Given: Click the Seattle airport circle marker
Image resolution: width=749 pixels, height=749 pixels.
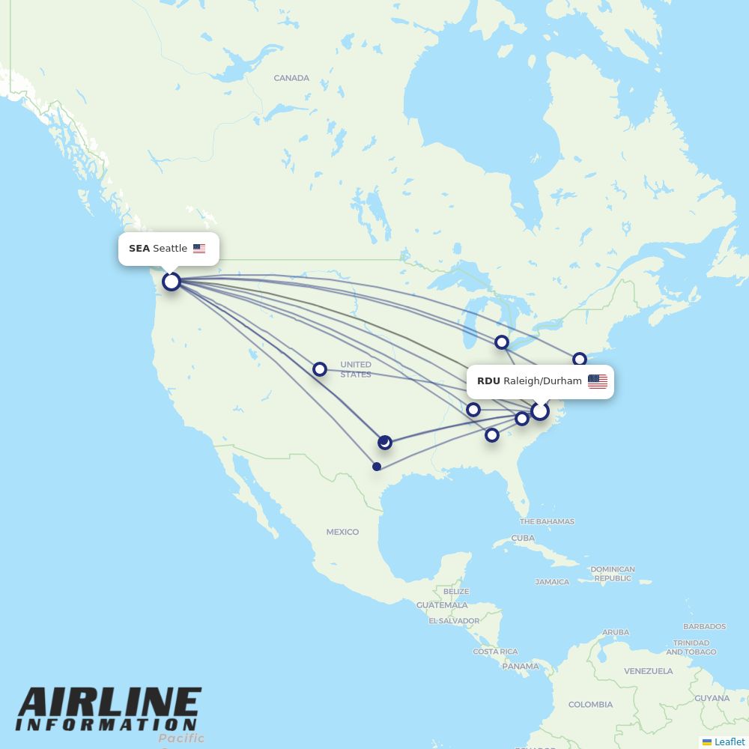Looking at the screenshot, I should point(172,282).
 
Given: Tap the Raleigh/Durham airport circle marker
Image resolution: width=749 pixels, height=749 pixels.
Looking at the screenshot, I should point(540,411).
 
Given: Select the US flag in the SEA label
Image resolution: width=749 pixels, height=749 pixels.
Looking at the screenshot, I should point(198,249).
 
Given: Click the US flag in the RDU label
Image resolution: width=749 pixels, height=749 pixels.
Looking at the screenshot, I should point(597,381).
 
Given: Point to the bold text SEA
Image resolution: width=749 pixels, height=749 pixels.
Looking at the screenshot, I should point(139,249).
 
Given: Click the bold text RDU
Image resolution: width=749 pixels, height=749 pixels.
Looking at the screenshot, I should point(488,381).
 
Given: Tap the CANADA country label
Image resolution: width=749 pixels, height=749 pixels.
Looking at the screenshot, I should point(291,78).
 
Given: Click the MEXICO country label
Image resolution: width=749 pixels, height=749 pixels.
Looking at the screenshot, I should point(342,532).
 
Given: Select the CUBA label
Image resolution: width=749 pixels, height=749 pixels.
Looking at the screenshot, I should point(523,538).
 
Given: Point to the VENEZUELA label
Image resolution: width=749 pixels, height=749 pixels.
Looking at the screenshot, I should point(649,671).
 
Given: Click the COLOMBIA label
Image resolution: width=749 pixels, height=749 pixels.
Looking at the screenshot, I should point(590,704).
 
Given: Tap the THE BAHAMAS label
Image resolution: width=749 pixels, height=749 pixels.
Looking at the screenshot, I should point(547,521).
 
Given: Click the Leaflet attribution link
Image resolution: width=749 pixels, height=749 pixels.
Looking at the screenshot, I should point(729,742).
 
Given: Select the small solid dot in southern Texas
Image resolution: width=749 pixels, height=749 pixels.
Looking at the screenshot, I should point(377,467).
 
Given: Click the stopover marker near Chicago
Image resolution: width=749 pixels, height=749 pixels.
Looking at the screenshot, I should point(502,342).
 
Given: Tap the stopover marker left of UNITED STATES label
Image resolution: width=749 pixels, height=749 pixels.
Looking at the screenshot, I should point(320,369).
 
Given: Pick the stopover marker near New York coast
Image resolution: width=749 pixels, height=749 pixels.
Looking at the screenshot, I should point(580,360).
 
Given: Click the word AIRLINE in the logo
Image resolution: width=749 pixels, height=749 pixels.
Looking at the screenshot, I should point(109,704).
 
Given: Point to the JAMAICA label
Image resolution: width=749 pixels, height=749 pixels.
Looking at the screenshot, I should point(552,582).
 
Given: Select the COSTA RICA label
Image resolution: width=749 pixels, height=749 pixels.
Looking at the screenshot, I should point(495,652).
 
